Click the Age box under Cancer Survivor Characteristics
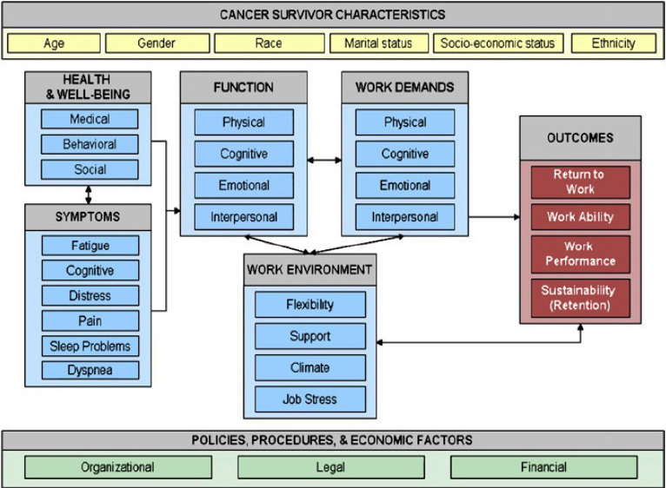(x=54, y=43)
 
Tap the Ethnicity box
(x=613, y=43)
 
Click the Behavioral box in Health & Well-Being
(x=90, y=144)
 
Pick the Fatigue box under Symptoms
(x=90, y=247)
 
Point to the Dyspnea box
(x=90, y=370)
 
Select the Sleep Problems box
(x=90, y=346)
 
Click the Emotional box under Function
(x=243, y=185)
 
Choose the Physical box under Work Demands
(x=404, y=122)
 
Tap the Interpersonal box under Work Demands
(x=404, y=216)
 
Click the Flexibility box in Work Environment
(x=310, y=305)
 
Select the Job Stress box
(x=310, y=399)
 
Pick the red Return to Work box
(x=580, y=181)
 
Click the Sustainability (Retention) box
(x=580, y=298)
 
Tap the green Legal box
(x=330, y=467)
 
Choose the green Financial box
(x=543, y=467)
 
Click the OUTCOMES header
(x=580, y=137)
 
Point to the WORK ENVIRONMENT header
(x=310, y=269)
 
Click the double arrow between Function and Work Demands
(x=323, y=160)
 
